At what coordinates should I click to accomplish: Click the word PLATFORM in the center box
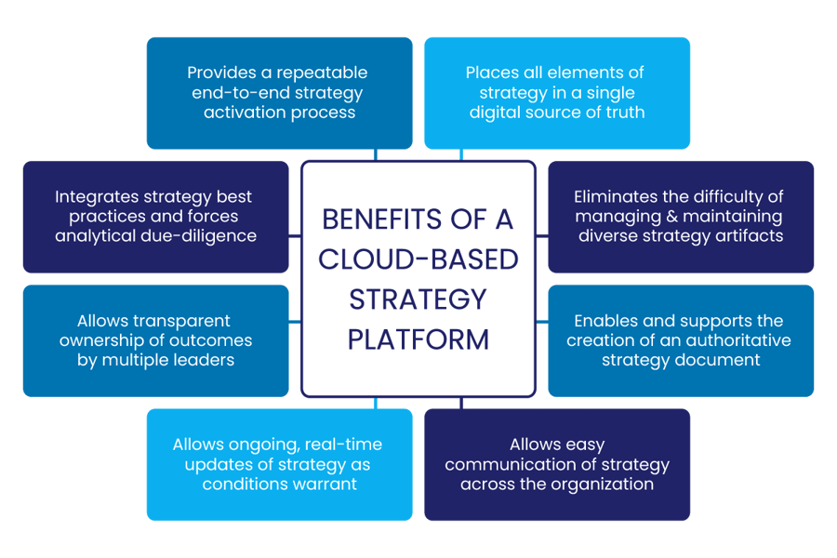click(418, 339)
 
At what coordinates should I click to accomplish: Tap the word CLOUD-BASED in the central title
click(418, 259)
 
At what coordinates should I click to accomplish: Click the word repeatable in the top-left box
click(322, 73)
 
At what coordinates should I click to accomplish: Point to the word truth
click(623, 113)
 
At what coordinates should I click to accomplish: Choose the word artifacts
click(750, 235)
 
